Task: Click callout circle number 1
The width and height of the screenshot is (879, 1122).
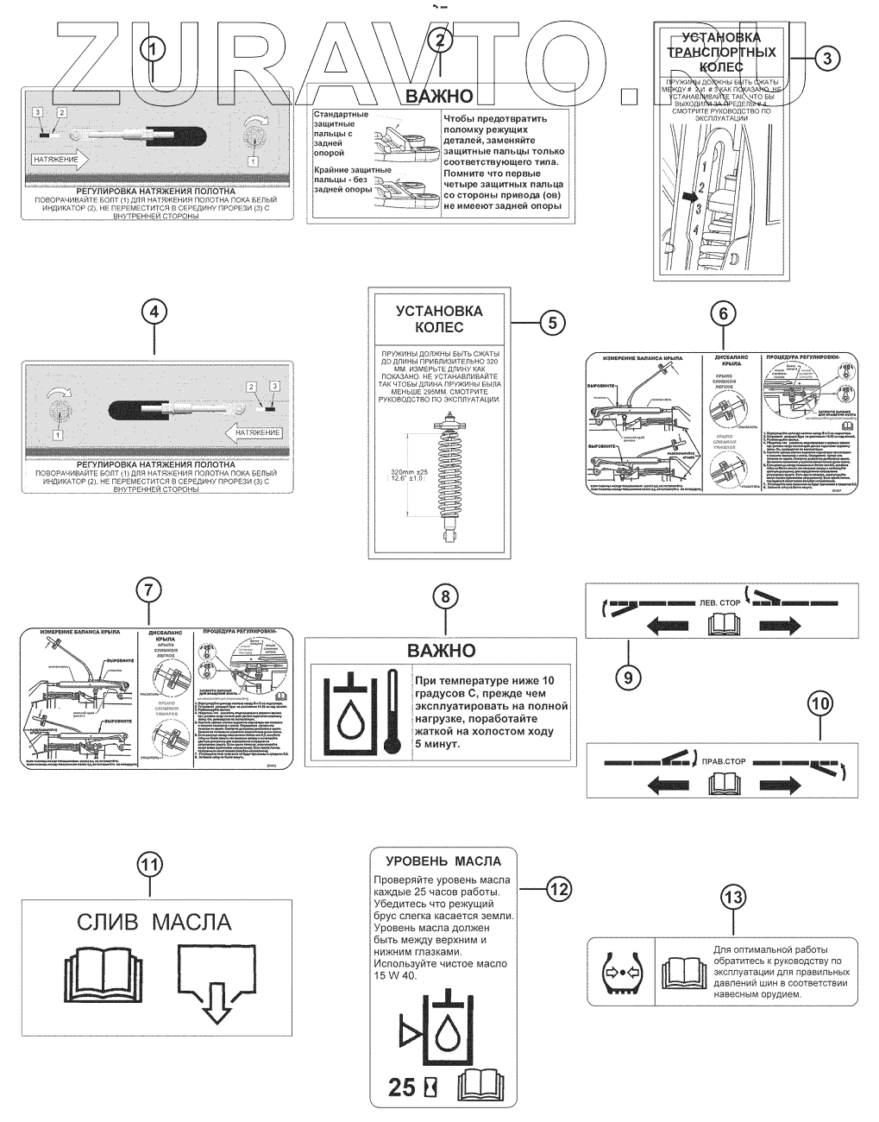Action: (153, 48)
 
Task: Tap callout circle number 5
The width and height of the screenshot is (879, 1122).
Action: (552, 322)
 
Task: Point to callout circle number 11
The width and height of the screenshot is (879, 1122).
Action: (150, 864)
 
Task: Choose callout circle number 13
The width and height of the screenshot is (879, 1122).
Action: (732, 898)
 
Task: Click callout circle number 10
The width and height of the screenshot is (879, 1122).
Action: (819, 703)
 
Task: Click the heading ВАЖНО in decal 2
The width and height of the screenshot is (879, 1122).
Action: (440, 96)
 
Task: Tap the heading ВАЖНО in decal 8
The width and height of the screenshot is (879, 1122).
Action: (441, 650)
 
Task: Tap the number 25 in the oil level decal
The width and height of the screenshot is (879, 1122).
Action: (403, 1087)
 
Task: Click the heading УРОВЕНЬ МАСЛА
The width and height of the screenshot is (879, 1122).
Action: (443, 860)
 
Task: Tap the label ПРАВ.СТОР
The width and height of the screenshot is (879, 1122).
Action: (723, 762)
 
